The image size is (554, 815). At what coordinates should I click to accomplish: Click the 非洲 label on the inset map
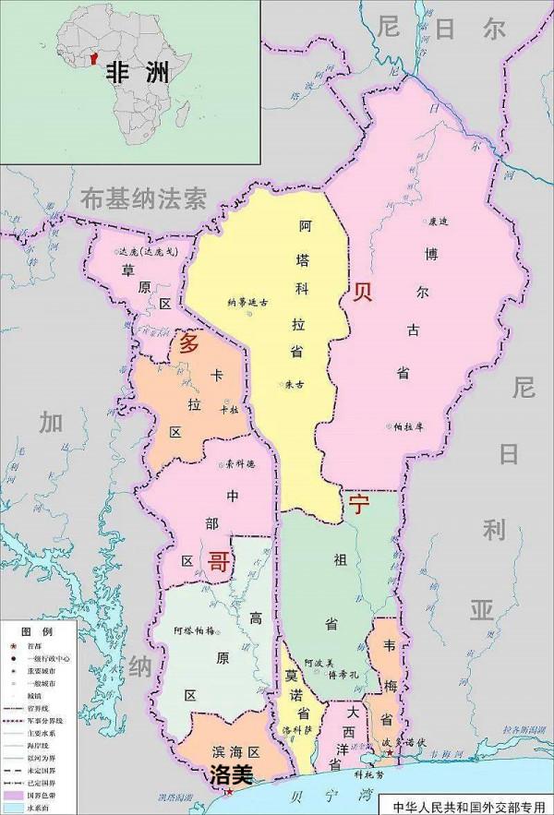point(137,72)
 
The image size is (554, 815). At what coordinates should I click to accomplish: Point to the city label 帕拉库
point(406,427)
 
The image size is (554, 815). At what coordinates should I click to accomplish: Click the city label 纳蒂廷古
point(246,302)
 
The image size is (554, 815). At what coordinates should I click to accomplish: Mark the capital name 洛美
point(232,771)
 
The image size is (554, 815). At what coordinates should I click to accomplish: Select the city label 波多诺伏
point(409,742)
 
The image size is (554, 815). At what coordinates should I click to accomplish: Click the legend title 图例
point(42,629)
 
